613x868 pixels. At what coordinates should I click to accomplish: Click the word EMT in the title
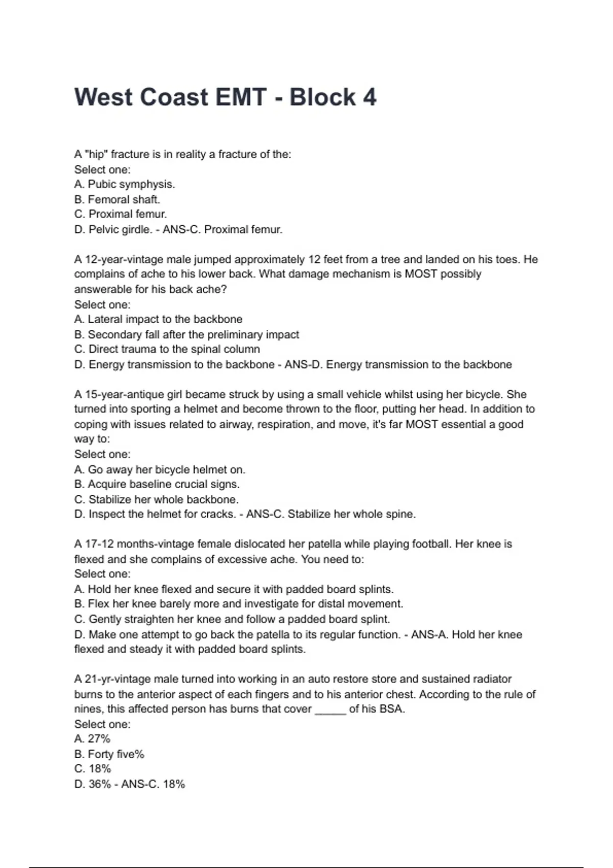pyautogui.click(x=241, y=97)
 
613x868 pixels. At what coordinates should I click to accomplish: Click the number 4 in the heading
pyautogui.click(x=369, y=97)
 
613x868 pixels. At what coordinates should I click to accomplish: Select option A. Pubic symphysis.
pyautogui.click(x=125, y=184)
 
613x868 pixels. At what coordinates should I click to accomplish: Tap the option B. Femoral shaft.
pyautogui.click(x=117, y=199)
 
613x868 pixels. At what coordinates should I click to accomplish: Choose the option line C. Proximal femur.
pyautogui.click(x=121, y=214)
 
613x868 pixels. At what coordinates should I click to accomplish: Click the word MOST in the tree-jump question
pyautogui.click(x=420, y=274)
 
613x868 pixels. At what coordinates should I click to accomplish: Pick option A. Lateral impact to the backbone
pyautogui.click(x=158, y=319)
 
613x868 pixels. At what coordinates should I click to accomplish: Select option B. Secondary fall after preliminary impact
pyautogui.click(x=186, y=334)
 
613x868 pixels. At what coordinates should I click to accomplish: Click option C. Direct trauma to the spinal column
pyautogui.click(x=167, y=349)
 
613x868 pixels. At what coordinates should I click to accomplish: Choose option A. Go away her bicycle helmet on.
pyautogui.click(x=160, y=469)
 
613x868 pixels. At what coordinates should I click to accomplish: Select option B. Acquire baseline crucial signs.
pyautogui.click(x=157, y=484)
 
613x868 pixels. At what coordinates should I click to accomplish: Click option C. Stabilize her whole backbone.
pyautogui.click(x=156, y=499)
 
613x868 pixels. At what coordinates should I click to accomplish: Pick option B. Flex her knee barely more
pyautogui.click(x=239, y=604)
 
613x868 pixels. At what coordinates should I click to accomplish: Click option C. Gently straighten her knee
pyautogui.click(x=232, y=619)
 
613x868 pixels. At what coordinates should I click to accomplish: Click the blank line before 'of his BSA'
pyautogui.click(x=331, y=709)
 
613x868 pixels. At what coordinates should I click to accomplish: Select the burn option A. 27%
pyautogui.click(x=92, y=739)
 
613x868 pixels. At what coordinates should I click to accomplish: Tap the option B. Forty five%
pyautogui.click(x=109, y=754)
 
